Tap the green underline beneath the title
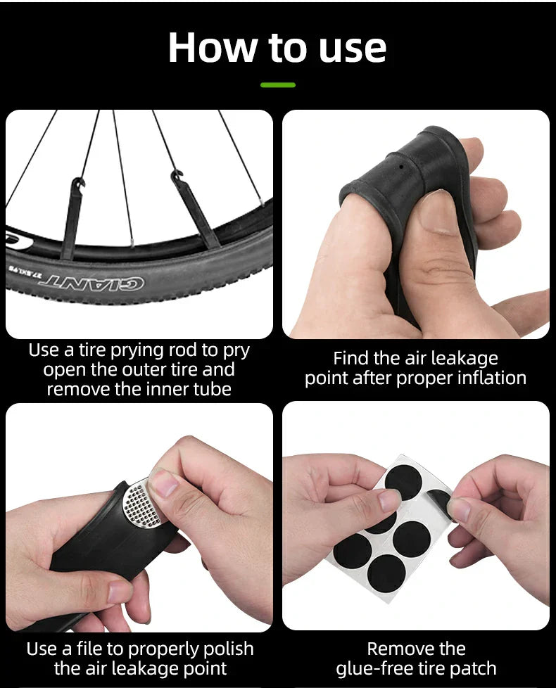[278, 84]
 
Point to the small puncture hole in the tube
[402, 167]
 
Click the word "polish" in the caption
[227, 649]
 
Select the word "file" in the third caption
[89, 648]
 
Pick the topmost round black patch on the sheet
[403, 482]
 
